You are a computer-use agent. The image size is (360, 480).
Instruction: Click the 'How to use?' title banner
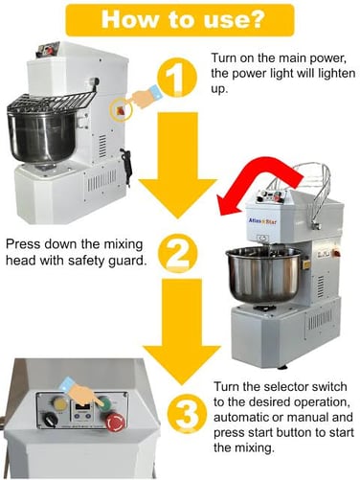coord(180,20)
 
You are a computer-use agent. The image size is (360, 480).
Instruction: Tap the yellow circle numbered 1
coord(176,78)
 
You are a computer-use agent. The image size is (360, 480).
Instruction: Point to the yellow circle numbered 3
coord(186,414)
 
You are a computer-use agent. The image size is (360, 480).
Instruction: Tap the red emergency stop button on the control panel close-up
coord(115,423)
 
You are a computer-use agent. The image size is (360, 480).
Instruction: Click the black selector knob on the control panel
coord(50,420)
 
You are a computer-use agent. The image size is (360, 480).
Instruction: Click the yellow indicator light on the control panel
coord(59,404)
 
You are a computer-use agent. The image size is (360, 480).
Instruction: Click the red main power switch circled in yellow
coord(121,111)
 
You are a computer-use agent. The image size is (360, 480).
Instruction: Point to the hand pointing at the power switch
coord(146,97)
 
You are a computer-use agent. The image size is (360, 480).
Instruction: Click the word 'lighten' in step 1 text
coord(337,74)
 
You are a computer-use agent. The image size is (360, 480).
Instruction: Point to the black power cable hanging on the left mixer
coord(126,167)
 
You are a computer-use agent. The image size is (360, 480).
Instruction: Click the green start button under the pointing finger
coord(105,404)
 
